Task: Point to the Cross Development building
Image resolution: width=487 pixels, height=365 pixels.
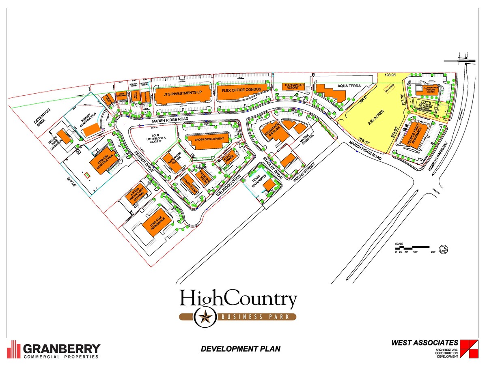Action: [x=209, y=139]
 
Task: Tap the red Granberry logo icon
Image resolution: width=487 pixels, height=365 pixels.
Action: [x=14, y=349]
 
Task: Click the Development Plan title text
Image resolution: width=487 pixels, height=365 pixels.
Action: [x=240, y=349]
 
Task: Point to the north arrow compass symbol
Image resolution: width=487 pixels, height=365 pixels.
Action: [x=445, y=249]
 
